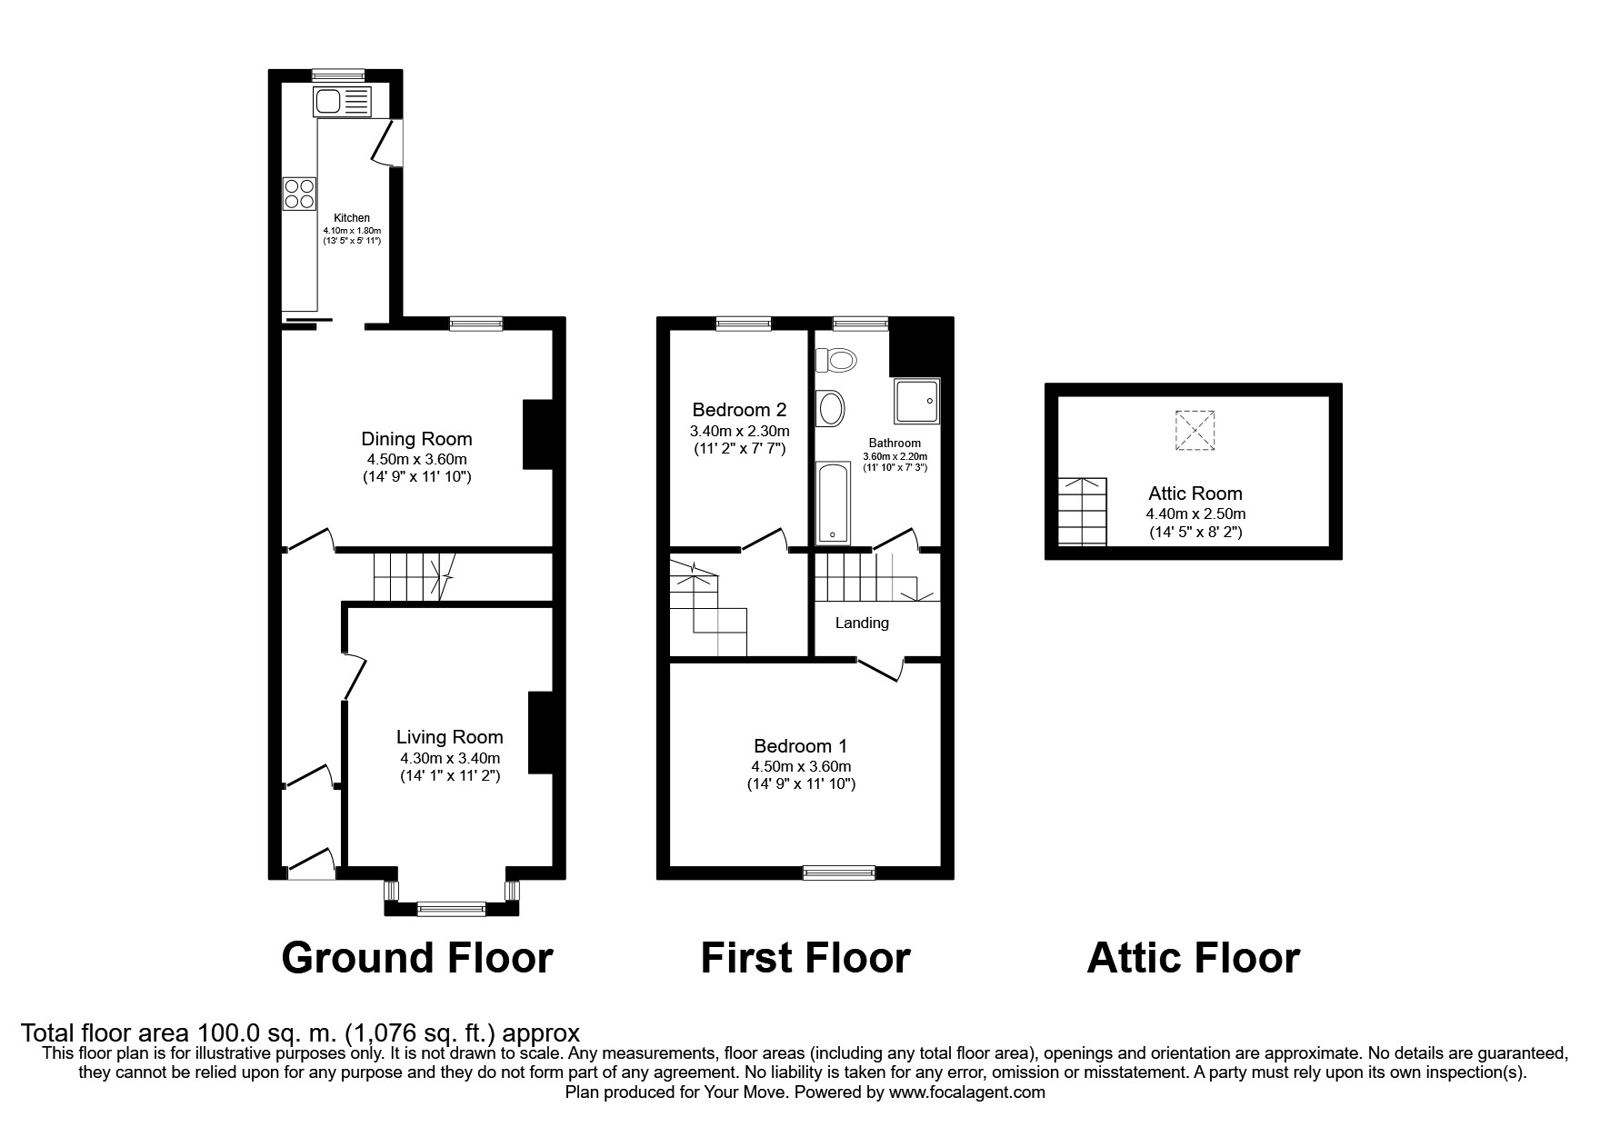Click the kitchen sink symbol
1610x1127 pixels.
point(342,101)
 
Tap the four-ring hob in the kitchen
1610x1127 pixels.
point(299,193)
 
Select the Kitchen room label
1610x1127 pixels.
point(352,218)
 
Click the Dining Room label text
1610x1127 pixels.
point(416,439)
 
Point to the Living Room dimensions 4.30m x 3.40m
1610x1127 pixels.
point(449,758)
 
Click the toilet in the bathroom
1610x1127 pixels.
point(837,361)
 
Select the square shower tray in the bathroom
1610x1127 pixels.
point(917,403)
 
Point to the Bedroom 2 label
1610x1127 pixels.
point(739,410)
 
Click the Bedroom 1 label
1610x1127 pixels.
point(800,746)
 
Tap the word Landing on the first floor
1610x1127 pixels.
point(862,623)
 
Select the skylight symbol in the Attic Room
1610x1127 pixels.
point(1195,430)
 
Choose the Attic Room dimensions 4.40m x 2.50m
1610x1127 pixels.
point(1195,514)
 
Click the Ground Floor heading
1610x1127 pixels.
point(417,958)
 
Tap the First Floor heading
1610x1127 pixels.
point(805,958)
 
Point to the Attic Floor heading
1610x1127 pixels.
point(1193,958)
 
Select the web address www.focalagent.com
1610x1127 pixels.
point(966,1092)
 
